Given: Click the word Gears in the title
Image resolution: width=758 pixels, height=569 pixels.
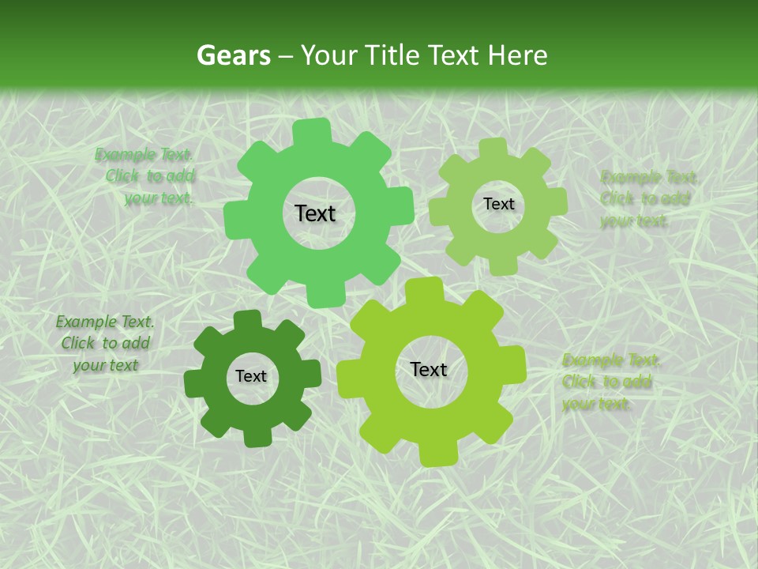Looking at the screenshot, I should coord(233,55).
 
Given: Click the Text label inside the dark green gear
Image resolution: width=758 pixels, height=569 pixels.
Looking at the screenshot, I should coord(251,377).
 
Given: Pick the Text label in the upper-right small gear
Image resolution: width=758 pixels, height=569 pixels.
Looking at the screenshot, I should coord(498,204).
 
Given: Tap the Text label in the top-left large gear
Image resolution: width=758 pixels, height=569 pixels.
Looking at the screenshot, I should coord(315,213).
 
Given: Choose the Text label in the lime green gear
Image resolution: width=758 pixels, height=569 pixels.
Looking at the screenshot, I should coord(429,369).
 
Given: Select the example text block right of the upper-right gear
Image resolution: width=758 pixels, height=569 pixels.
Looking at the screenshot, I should coord(647,198).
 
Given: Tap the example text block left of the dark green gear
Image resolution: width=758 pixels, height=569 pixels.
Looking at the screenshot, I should coord(105,343).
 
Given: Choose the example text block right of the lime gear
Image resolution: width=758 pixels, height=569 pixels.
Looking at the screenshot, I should coord(610,382).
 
